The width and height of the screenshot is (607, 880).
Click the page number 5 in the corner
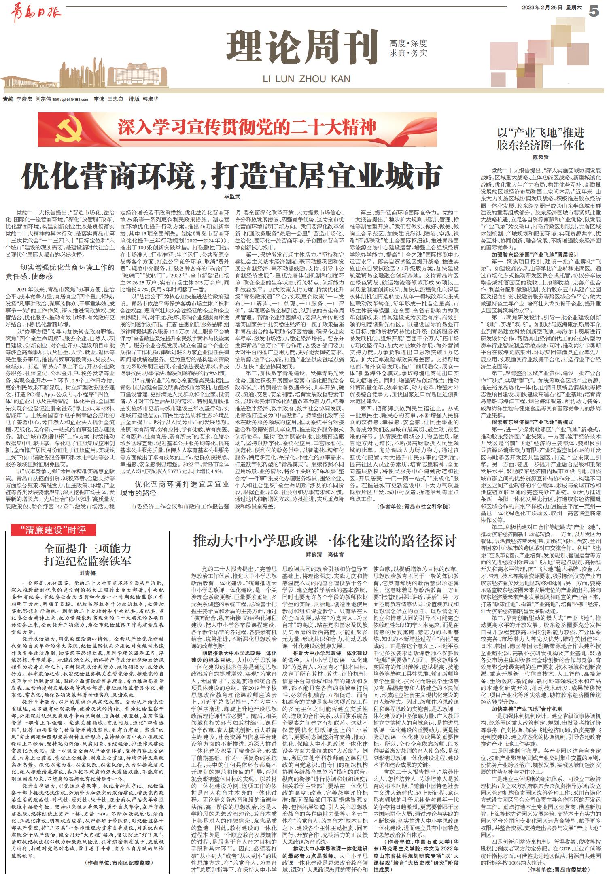coord(594,11)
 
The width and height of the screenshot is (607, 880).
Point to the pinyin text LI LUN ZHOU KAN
coord(306,78)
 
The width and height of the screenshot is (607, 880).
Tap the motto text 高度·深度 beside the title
coord(408,43)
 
